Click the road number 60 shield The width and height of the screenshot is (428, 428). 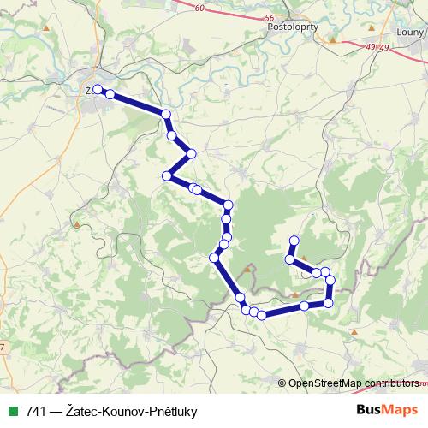click(x=223, y=8)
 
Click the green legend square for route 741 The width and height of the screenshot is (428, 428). click(x=12, y=410)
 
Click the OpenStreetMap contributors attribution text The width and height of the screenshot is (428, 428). click(x=353, y=383)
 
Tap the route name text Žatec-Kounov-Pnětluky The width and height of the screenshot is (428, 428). click(x=125, y=411)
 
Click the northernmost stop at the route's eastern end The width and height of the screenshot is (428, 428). click(x=294, y=241)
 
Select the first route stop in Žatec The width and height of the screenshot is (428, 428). click(x=98, y=89)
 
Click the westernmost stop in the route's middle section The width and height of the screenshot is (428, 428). click(x=167, y=176)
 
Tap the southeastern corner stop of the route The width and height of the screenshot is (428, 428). click(x=328, y=303)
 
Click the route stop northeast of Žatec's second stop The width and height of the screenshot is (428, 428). click(x=165, y=114)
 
